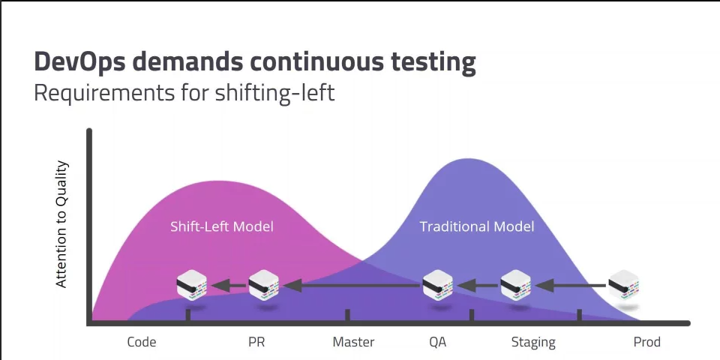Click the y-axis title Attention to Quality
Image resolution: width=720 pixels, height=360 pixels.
(62, 224)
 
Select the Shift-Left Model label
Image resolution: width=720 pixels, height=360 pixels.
(222, 226)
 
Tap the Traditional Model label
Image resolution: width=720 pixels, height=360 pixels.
(477, 226)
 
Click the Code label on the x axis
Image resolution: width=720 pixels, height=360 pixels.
(142, 342)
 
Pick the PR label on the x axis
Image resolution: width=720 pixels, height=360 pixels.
(256, 342)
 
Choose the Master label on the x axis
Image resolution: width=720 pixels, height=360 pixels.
(353, 342)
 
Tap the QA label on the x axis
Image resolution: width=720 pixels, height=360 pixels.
(438, 342)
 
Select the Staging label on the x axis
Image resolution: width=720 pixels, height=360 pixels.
(533, 342)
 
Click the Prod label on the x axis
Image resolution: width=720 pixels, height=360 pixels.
(646, 342)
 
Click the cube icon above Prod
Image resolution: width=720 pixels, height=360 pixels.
(623, 286)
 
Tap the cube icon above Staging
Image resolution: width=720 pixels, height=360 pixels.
(515, 286)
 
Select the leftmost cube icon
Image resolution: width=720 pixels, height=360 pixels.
(191, 286)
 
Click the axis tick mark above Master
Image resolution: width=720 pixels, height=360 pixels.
(346, 316)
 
